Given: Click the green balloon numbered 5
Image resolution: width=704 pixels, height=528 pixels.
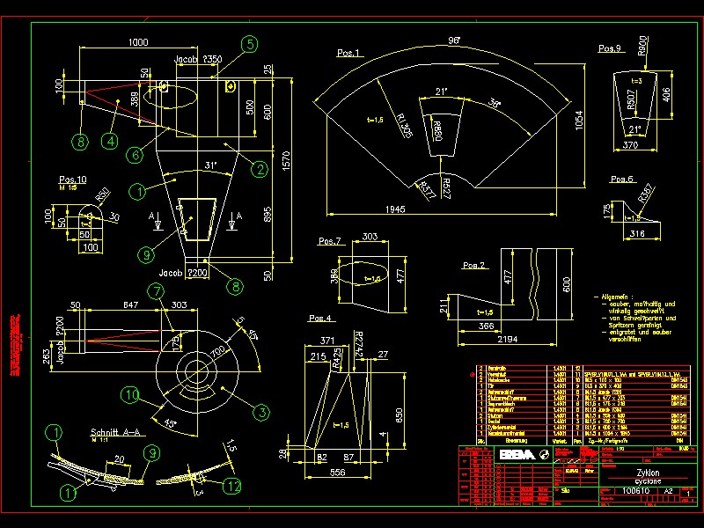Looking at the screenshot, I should coord(249,43).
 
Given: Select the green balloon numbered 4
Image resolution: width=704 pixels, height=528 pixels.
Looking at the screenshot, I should coord(109,139).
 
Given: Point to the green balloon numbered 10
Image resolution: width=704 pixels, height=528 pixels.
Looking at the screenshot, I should coord(131,396).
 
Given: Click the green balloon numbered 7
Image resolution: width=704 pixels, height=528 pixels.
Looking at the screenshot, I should coord(156,290).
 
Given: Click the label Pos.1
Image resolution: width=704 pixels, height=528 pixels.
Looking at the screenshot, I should coord(348,54).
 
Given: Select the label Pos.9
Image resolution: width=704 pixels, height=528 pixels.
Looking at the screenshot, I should coord(610,48).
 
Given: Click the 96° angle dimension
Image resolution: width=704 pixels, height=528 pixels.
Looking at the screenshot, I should coord(455,40).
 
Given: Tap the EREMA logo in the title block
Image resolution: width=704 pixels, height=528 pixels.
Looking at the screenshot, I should coord(516,455).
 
